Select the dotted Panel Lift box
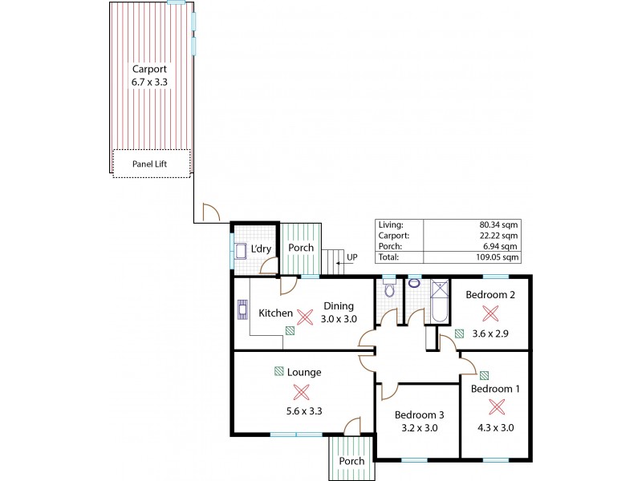(x=152, y=164)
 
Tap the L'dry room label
(x=262, y=249)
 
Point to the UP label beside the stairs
(x=351, y=257)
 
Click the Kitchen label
(x=275, y=313)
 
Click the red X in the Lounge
(x=301, y=391)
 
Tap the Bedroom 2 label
(x=490, y=294)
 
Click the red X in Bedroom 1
(x=497, y=406)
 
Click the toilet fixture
(x=389, y=291)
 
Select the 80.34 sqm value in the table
(x=498, y=225)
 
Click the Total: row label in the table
(x=390, y=258)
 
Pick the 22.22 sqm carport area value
(x=498, y=236)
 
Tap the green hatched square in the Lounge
(x=279, y=371)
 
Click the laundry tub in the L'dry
(x=241, y=252)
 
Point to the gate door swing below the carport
(x=211, y=212)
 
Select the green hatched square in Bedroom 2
(x=459, y=333)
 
